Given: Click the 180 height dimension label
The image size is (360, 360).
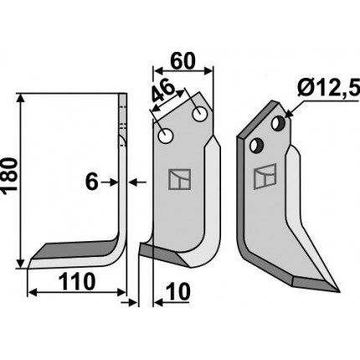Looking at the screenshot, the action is (x=10, y=175).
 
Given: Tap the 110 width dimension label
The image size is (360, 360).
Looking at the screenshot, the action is (x=77, y=281).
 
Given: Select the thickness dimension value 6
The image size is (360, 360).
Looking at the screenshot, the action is (x=91, y=182).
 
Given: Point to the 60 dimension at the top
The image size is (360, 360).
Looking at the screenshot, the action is (x=183, y=61).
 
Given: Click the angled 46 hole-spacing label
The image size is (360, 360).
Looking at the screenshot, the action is (x=163, y=91).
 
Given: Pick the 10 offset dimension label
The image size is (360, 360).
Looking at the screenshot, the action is (x=177, y=292).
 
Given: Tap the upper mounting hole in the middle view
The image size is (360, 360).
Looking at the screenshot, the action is (x=199, y=114).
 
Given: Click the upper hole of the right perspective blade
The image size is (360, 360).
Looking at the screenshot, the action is (x=278, y=123).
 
